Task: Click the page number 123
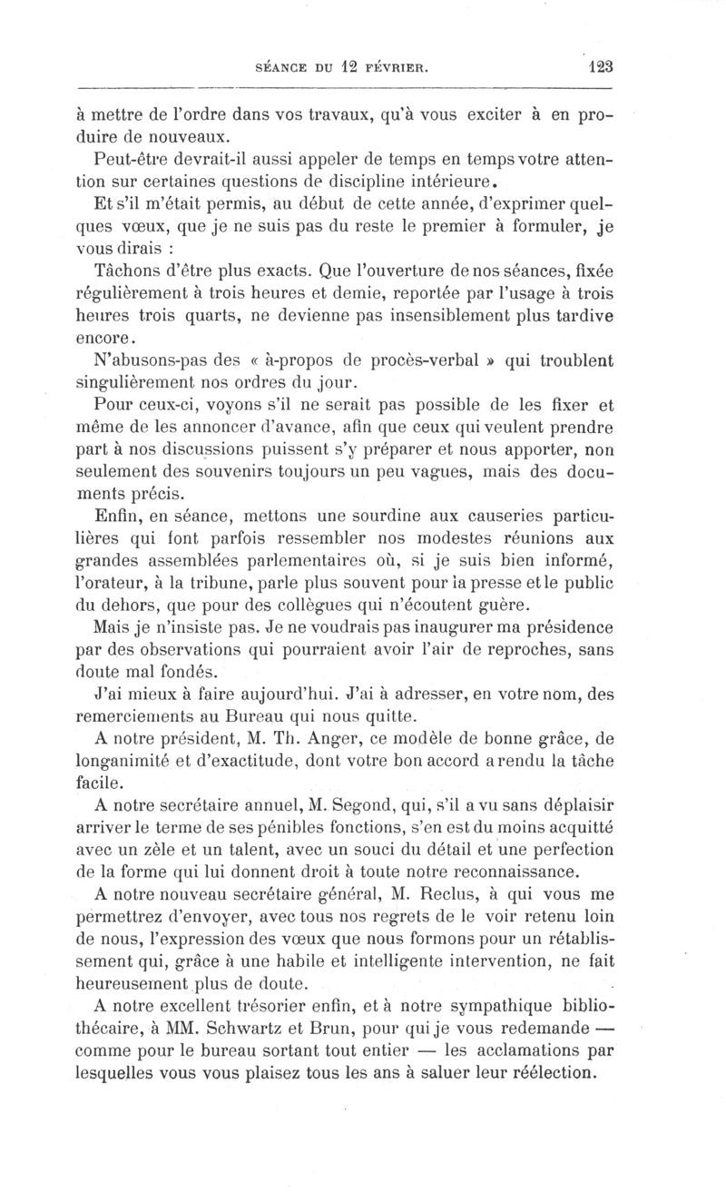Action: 601,65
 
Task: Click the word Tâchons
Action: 126,271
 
